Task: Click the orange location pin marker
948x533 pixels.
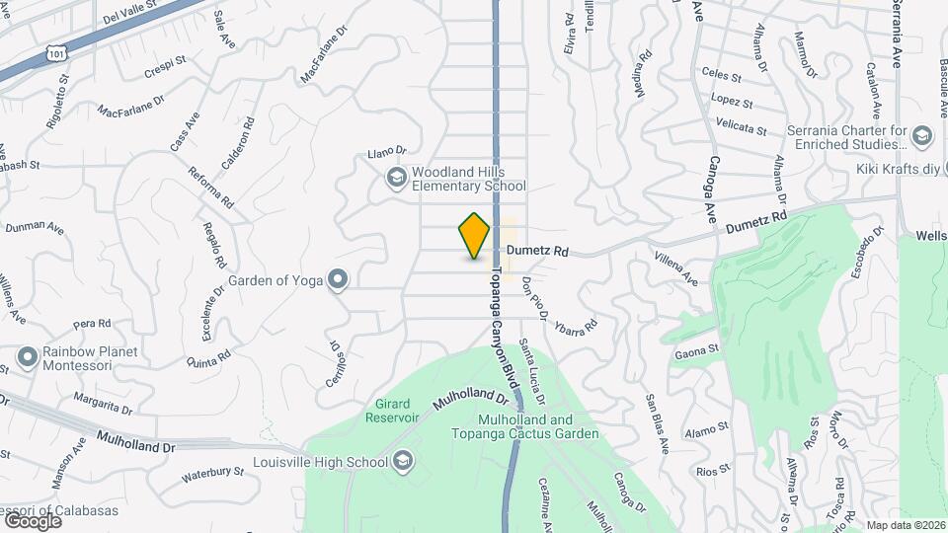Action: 475,236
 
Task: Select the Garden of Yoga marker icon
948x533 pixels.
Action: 339,280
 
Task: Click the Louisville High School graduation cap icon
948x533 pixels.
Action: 403,461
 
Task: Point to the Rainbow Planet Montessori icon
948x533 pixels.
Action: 27,353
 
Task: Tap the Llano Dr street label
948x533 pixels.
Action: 387,153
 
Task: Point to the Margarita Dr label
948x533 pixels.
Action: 102,403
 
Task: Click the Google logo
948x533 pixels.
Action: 32,520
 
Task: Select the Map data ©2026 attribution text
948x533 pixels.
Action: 906,526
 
